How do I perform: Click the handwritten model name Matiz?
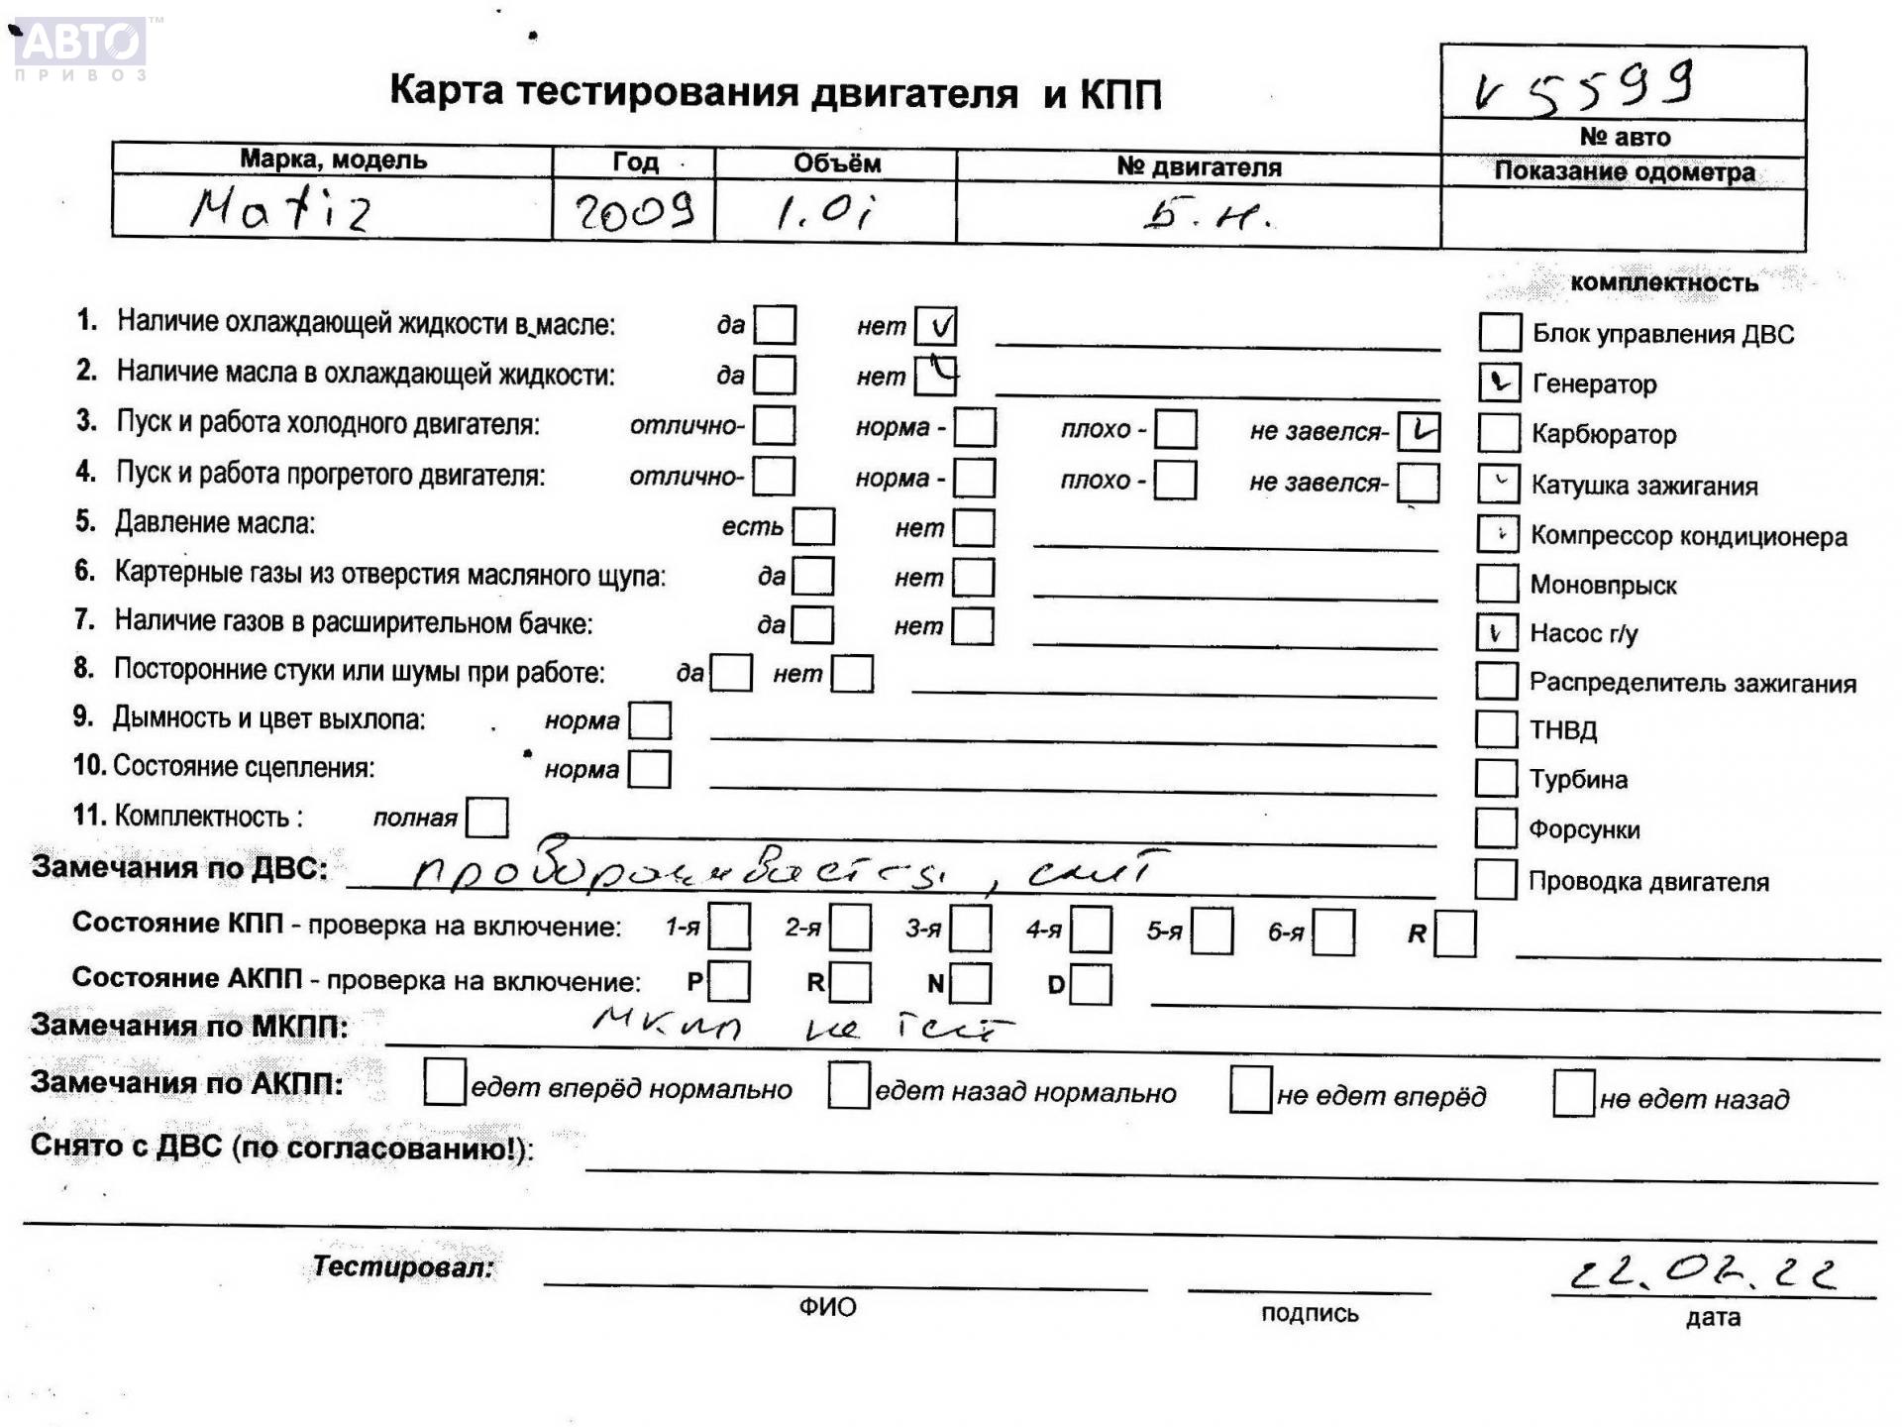pos(282,210)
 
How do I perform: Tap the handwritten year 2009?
pos(634,211)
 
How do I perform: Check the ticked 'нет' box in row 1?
pos(936,326)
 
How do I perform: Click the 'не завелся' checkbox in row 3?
pos(1419,431)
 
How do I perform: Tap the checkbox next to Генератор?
pos(1499,383)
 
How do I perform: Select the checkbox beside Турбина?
pos(1496,779)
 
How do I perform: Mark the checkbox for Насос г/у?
pos(1497,632)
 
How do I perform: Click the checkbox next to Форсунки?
pos(1496,828)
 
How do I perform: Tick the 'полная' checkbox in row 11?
pos(486,818)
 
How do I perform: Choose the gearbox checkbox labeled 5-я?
pos(1213,931)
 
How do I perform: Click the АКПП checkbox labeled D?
pos(1091,984)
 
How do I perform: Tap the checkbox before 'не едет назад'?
pos(1573,1093)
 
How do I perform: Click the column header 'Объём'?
pos(836,164)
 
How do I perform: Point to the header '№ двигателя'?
pos(1199,166)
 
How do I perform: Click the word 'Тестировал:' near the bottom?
pos(402,1266)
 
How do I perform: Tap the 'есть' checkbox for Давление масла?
pos(814,527)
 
